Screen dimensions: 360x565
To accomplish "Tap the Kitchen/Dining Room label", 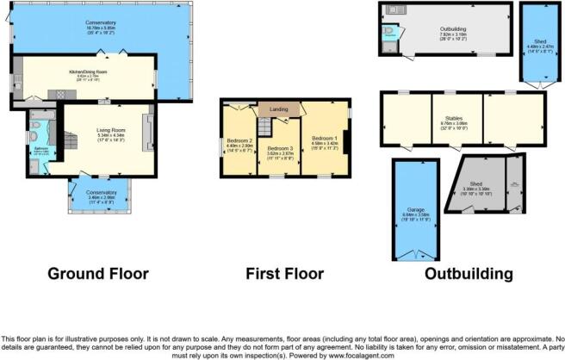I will pyautogui.click(x=88, y=71).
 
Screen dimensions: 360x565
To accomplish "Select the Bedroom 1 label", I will pyautogui.click(x=324, y=138).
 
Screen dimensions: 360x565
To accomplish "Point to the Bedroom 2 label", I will pyautogui.click(x=239, y=140).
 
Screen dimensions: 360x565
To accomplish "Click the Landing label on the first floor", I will pyautogui.click(x=278, y=109).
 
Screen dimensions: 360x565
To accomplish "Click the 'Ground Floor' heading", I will pyautogui.click(x=98, y=274).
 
